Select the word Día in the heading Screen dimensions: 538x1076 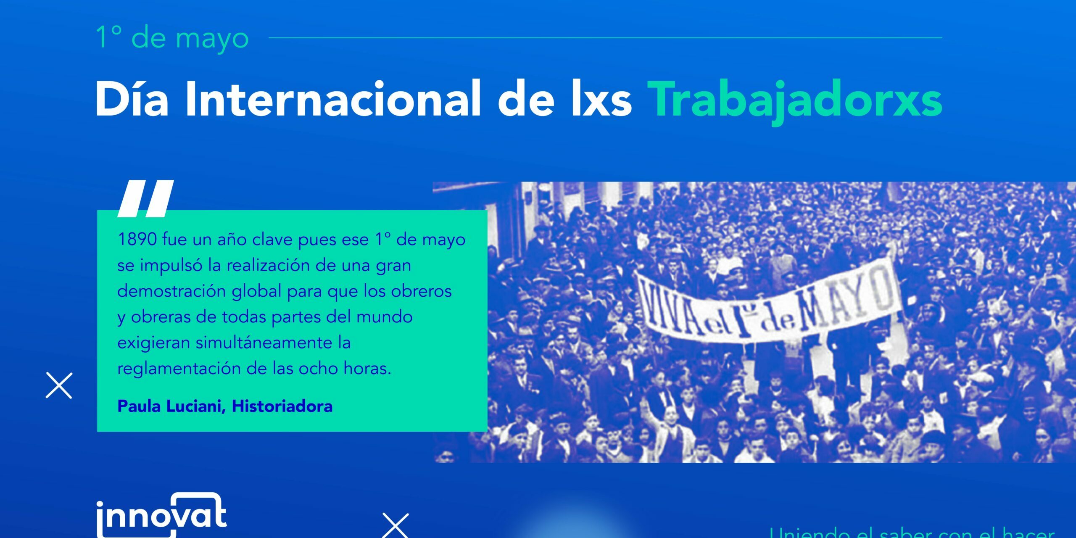point(132,100)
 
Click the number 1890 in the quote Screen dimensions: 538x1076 point(137,240)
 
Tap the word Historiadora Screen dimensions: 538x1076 point(282,406)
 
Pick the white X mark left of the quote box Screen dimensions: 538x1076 point(59,385)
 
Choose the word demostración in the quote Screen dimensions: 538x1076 point(171,291)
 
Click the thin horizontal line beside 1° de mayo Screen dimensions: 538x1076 point(605,37)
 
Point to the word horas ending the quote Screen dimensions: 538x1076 point(367,369)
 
